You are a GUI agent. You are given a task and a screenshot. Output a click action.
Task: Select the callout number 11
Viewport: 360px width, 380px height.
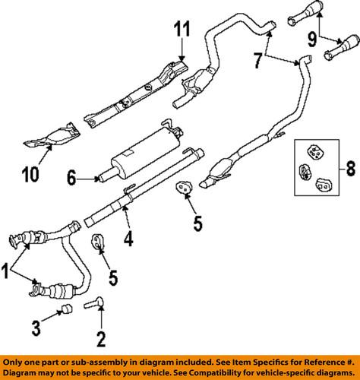click(x=182, y=33)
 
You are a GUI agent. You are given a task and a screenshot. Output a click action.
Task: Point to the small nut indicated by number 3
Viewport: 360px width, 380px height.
click(x=65, y=310)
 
